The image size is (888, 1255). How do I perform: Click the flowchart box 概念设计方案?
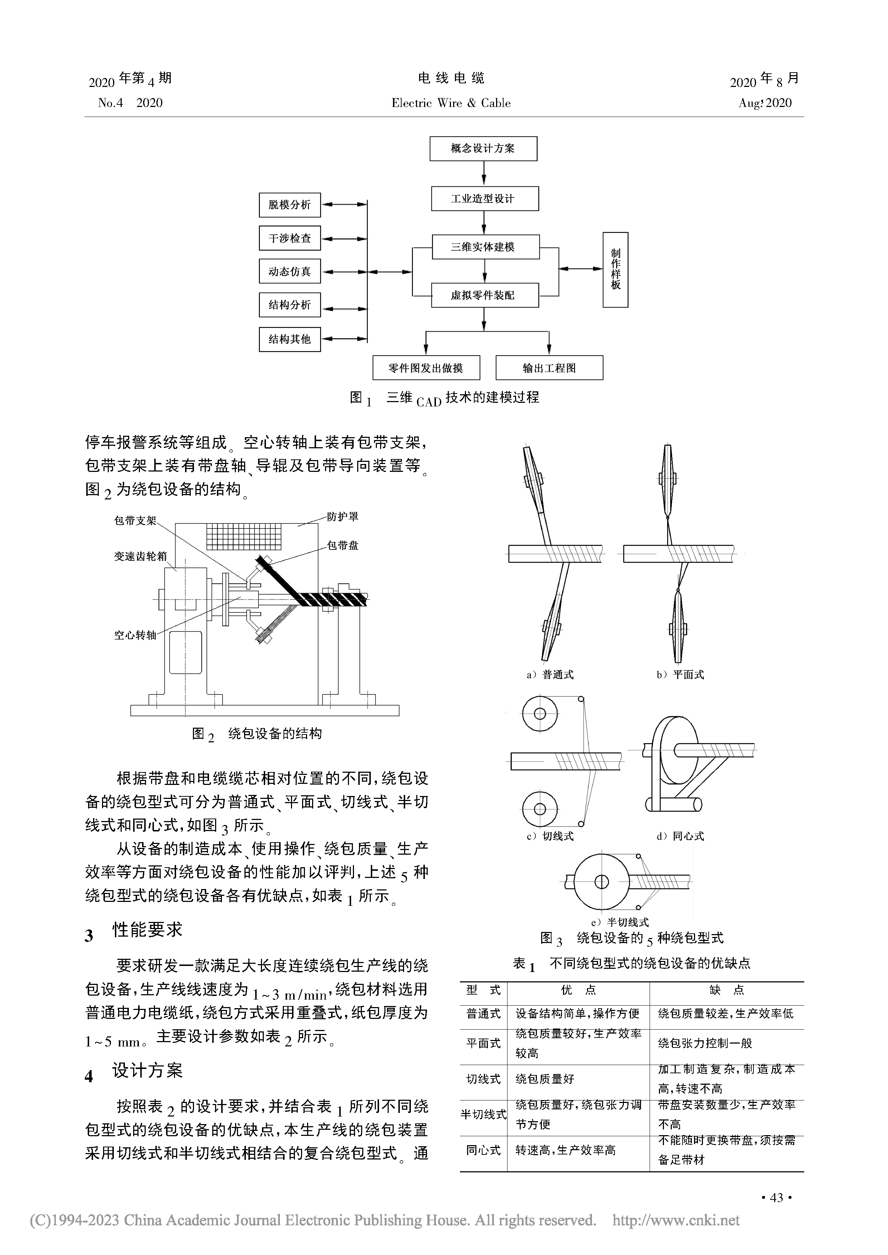(x=483, y=149)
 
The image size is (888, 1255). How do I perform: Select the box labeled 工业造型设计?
(x=485, y=199)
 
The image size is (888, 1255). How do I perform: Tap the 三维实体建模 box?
(x=486, y=247)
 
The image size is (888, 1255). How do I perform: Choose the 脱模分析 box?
(x=290, y=205)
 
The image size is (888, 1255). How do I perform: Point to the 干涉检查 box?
(x=290, y=238)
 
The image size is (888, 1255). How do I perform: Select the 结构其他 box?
(x=290, y=340)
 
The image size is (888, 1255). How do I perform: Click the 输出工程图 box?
(x=549, y=368)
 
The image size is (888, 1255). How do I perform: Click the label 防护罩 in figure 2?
(x=343, y=517)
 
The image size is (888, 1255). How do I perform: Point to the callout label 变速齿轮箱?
(x=140, y=556)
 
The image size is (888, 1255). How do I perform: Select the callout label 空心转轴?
(x=135, y=635)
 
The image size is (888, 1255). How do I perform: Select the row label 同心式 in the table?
(x=483, y=1151)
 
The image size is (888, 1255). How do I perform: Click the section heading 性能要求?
(x=147, y=930)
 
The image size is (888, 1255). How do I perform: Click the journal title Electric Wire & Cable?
(x=451, y=103)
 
